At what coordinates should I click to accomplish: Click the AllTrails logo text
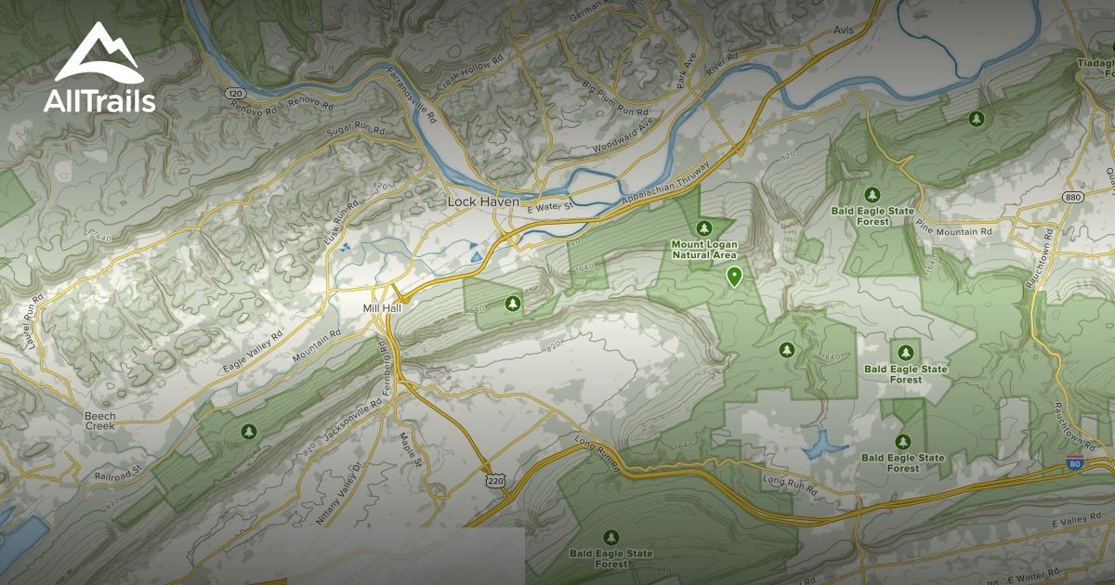[99, 100]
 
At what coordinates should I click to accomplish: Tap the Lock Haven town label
[482, 201]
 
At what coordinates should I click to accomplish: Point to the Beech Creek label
[100, 421]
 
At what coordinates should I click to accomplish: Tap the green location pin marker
[734, 276]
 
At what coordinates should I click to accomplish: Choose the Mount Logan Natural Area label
[704, 250]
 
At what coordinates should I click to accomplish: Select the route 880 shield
[1074, 198]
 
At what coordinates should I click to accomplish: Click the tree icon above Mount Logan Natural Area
[704, 227]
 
